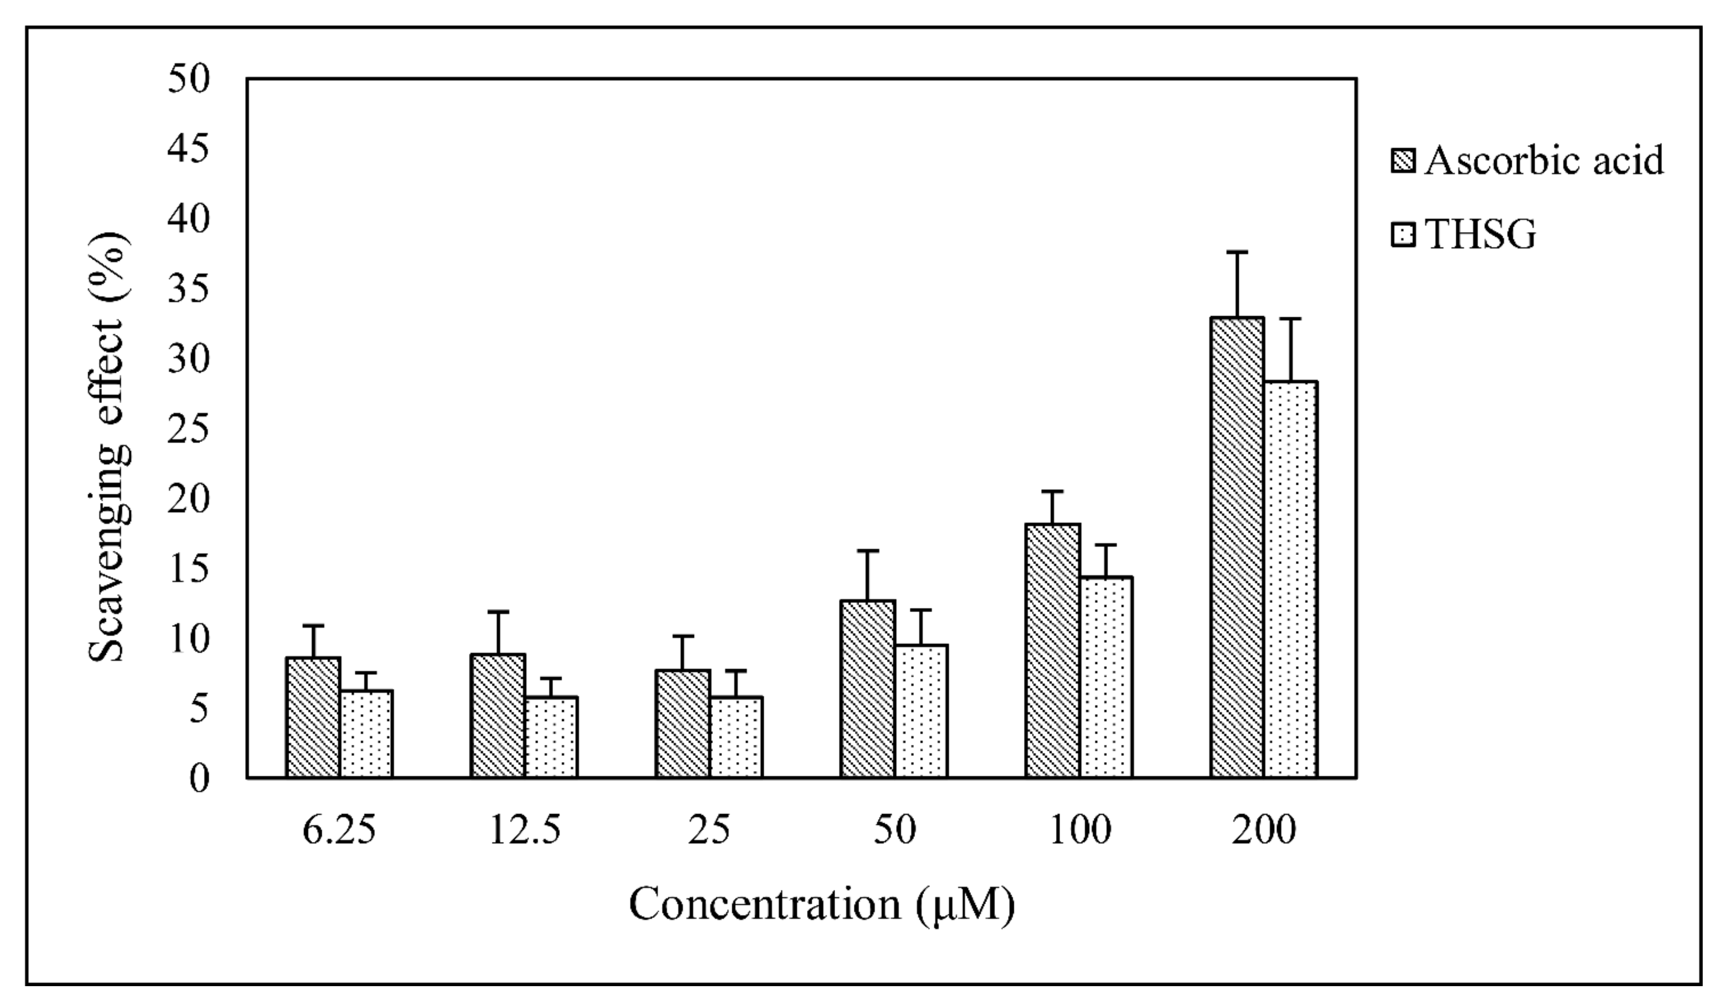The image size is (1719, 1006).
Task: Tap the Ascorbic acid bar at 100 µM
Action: (1052, 651)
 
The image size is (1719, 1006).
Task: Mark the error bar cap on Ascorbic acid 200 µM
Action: (1237, 253)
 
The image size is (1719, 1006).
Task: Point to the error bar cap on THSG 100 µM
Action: (1106, 544)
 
